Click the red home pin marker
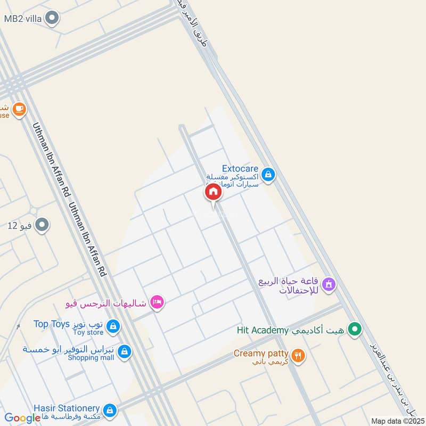[x=213, y=192]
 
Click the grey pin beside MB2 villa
[x=52, y=19]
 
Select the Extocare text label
[x=240, y=169]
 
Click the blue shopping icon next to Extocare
[x=268, y=174]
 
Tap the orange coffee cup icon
[x=19, y=109]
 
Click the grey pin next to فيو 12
[x=42, y=225]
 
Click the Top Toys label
[x=49, y=324]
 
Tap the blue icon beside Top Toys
[x=112, y=326]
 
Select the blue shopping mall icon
[x=124, y=351]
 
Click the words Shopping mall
[x=91, y=358]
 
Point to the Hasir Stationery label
[x=67, y=407]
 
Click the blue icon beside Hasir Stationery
[x=110, y=410]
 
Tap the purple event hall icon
[x=329, y=285]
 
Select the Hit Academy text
[x=263, y=331]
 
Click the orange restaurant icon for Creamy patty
[x=298, y=355]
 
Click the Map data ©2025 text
[x=397, y=421]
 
